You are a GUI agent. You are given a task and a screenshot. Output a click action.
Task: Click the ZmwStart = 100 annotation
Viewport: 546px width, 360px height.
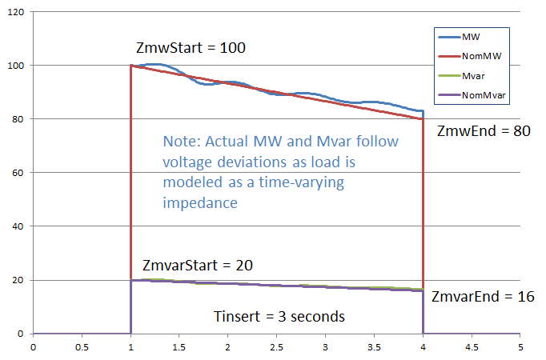tap(191, 48)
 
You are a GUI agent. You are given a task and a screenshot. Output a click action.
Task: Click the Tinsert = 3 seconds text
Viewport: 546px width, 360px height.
tap(279, 317)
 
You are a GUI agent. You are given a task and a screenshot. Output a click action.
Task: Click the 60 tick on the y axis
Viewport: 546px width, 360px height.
tap(18, 172)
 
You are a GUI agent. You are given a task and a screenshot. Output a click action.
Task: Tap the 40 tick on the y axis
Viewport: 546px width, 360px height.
tap(18, 226)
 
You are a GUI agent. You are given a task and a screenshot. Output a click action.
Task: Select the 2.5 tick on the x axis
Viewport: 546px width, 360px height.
tap(275, 347)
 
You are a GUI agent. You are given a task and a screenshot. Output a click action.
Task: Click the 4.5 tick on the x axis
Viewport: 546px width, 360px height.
tap(470, 347)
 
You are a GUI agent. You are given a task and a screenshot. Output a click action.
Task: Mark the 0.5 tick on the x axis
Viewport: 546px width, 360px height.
tap(81, 347)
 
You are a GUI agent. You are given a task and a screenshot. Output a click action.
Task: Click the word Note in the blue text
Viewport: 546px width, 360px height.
tap(181, 142)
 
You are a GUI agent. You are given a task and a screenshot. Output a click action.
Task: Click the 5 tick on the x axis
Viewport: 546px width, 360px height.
tap(520, 347)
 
